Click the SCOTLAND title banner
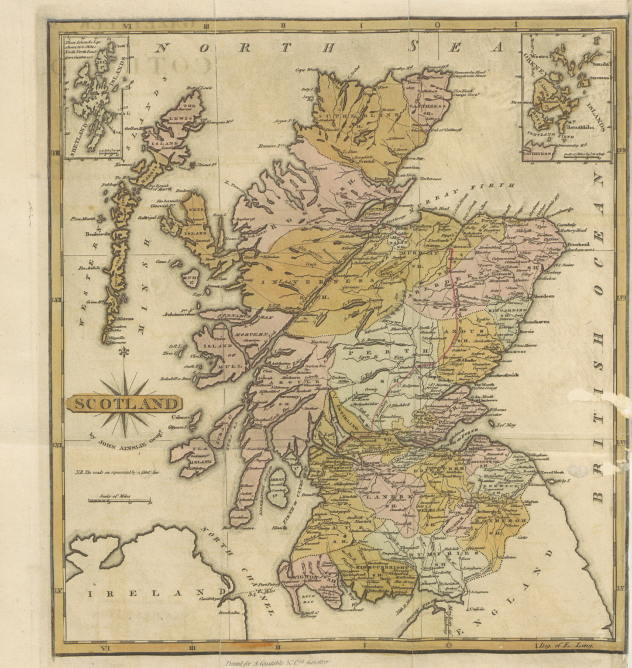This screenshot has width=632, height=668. [x=125, y=404]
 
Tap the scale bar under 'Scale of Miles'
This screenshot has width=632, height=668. [x=119, y=501]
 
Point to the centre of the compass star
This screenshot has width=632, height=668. [x=125, y=403]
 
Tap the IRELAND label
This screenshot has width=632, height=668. [x=142, y=593]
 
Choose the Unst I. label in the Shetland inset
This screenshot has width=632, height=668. [x=120, y=46]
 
